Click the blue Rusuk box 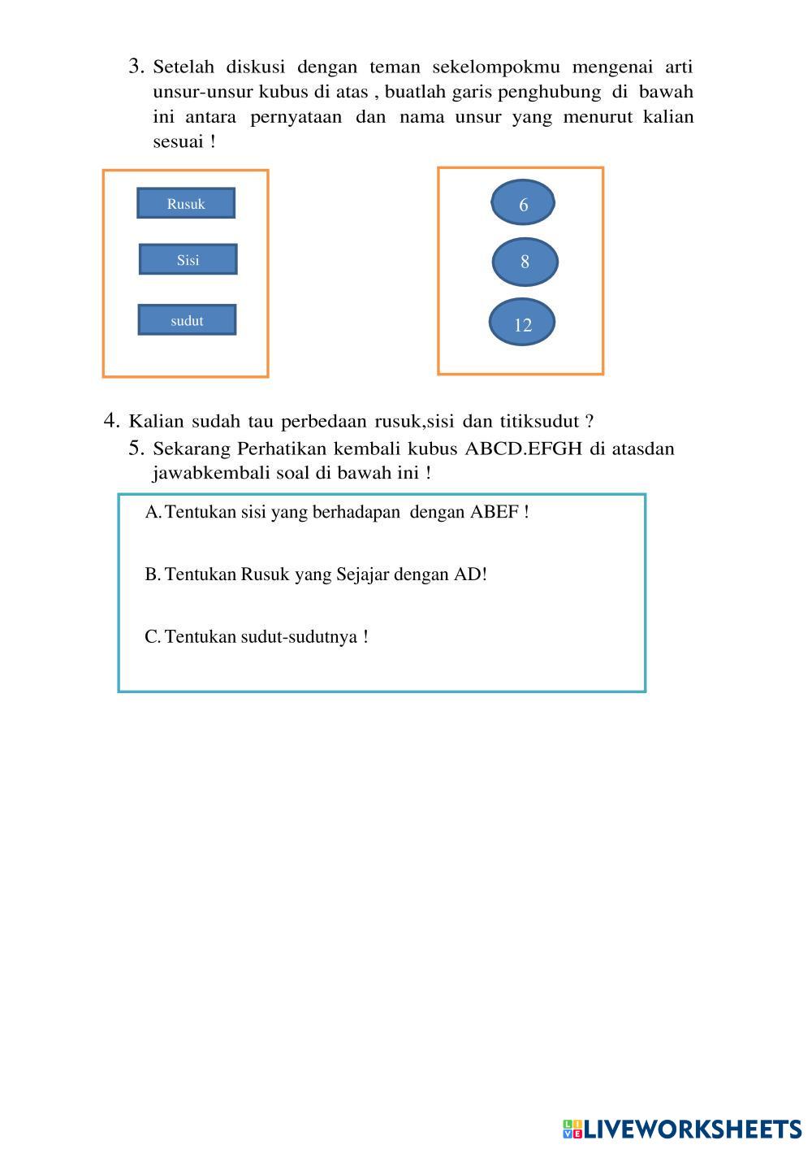pos(186,203)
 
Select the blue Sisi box pos(188,259)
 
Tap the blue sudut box pos(187,320)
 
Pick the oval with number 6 pos(523,203)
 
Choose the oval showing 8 pos(525,262)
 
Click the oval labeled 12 pos(522,323)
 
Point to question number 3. pos(136,66)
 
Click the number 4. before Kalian pos(112,421)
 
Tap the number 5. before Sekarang pos(136,448)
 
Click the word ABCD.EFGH pos(524,449)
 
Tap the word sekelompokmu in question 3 pos(496,67)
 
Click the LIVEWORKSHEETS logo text pos(693,1129)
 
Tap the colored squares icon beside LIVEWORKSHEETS pos(572,1129)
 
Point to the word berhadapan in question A pos(360,512)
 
